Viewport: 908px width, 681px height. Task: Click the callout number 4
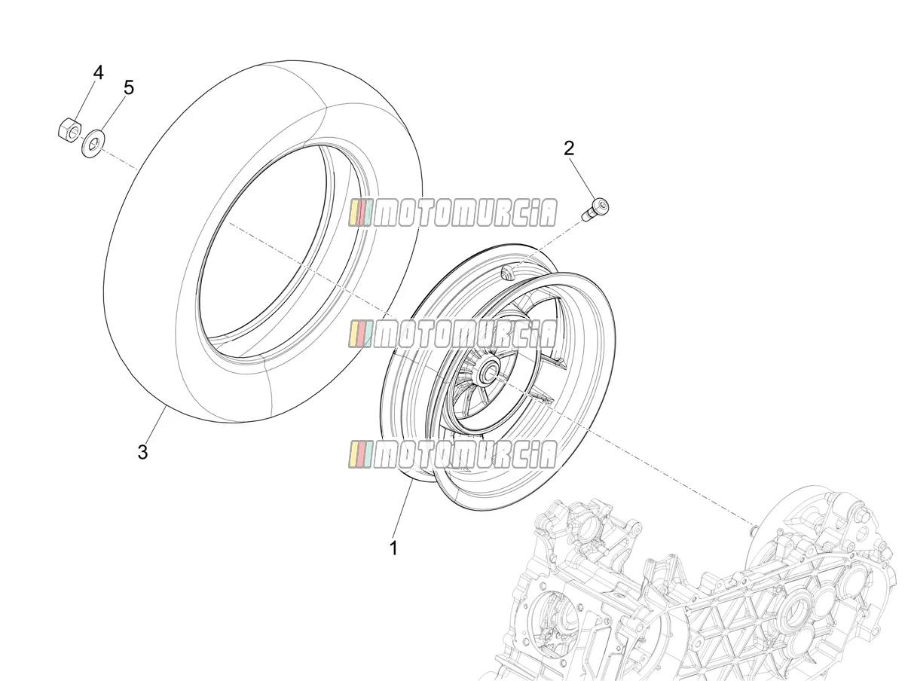(98, 73)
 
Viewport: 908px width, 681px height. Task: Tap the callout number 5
(129, 87)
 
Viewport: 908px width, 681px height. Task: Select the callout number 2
(569, 148)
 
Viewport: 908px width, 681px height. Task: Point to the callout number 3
(142, 452)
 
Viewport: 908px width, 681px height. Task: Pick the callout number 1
(393, 548)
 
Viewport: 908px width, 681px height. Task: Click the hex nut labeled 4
(69, 130)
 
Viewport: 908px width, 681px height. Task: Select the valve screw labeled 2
(596, 209)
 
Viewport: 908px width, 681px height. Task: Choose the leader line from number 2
(584, 179)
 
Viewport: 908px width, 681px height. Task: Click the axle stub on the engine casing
(753, 528)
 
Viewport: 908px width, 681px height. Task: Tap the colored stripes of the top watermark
(361, 213)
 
